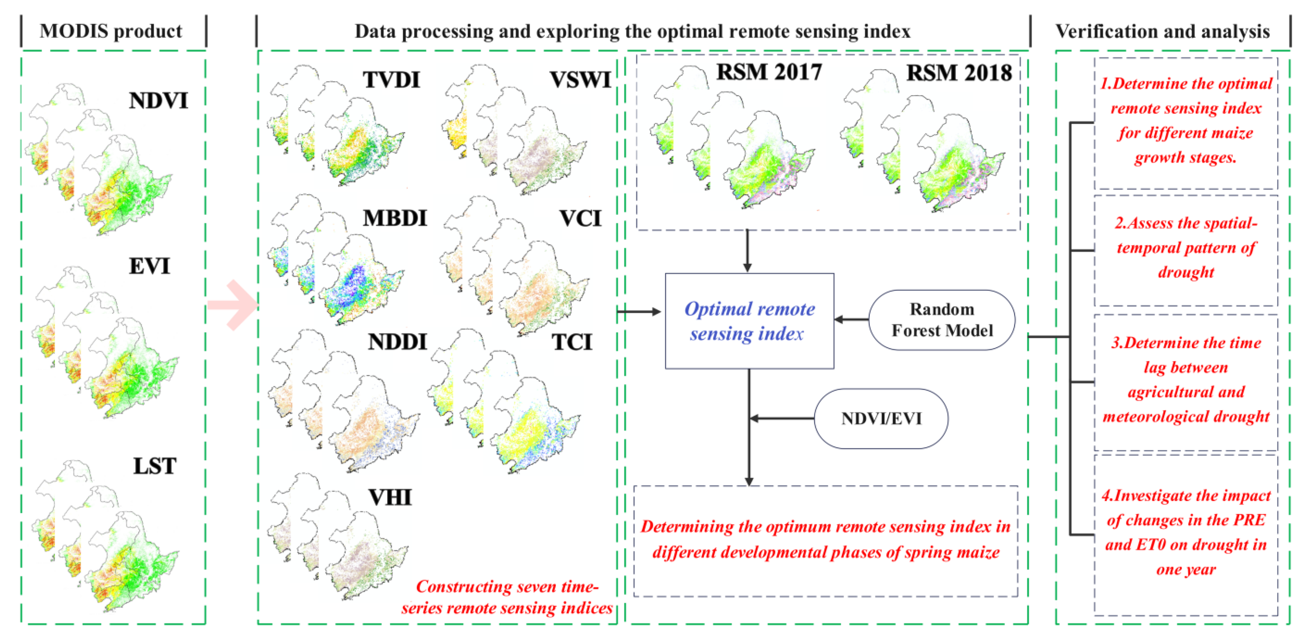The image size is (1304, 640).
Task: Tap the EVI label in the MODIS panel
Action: click(x=149, y=266)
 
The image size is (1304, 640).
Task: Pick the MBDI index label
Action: click(x=395, y=218)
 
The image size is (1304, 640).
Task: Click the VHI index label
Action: click(x=390, y=498)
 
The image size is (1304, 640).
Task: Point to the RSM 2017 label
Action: click(x=769, y=72)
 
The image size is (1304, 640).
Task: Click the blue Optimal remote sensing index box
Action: click(x=749, y=321)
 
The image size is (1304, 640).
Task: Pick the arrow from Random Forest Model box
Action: click(x=852, y=320)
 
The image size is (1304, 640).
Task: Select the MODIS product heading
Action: click(x=111, y=31)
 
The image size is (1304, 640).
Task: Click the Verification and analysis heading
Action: click(x=1162, y=31)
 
